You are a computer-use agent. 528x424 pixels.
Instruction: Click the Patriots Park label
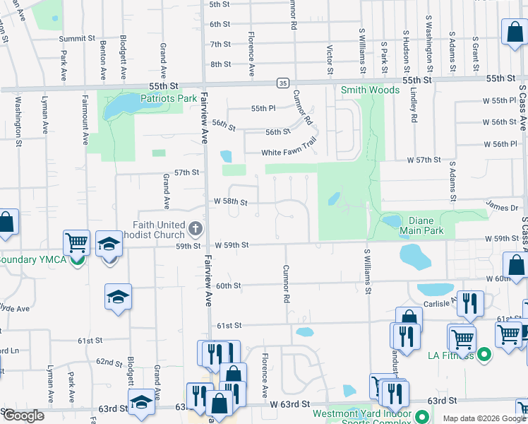click(x=167, y=99)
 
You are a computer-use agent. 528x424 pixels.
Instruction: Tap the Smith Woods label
click(x=370, y=90)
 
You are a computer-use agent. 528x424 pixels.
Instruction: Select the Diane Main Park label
click(x=421, y=225)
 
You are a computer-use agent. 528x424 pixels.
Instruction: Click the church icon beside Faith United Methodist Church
click(x=196, y=229)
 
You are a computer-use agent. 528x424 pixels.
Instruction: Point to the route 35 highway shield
click(x=282, y=83)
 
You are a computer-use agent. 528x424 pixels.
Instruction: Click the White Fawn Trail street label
click(x=285, y=153)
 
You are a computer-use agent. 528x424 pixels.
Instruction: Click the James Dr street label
click(x=502, y=207)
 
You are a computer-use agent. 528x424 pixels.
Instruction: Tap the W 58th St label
click(x=231, y=202)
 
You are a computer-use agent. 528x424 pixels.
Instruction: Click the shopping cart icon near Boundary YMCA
click(x=76, y=242)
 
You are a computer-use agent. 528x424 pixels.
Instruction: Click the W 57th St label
click(x=424, y=160)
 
